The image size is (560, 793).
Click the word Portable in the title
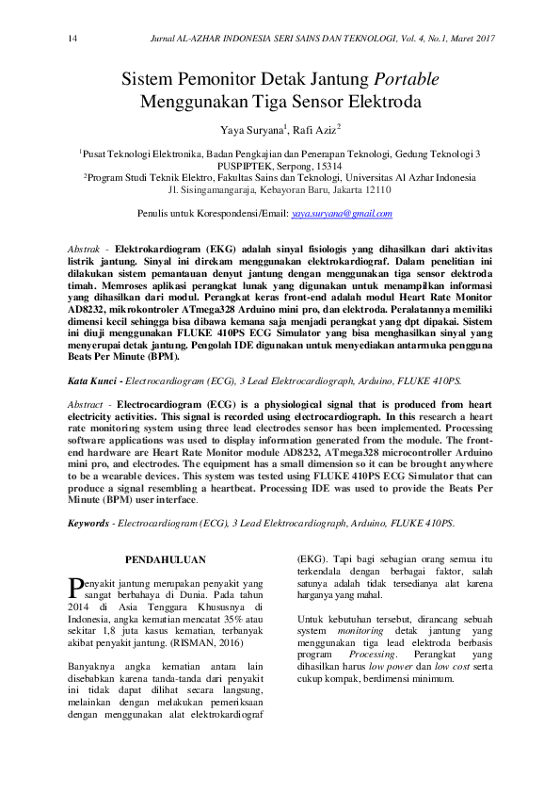coord(407,78)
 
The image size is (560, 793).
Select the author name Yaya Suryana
coord(249,128)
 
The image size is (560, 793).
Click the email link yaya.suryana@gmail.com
coord(342,215)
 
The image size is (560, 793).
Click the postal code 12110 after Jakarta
coord(374,189)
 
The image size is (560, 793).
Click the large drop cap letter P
coord(76,589)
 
